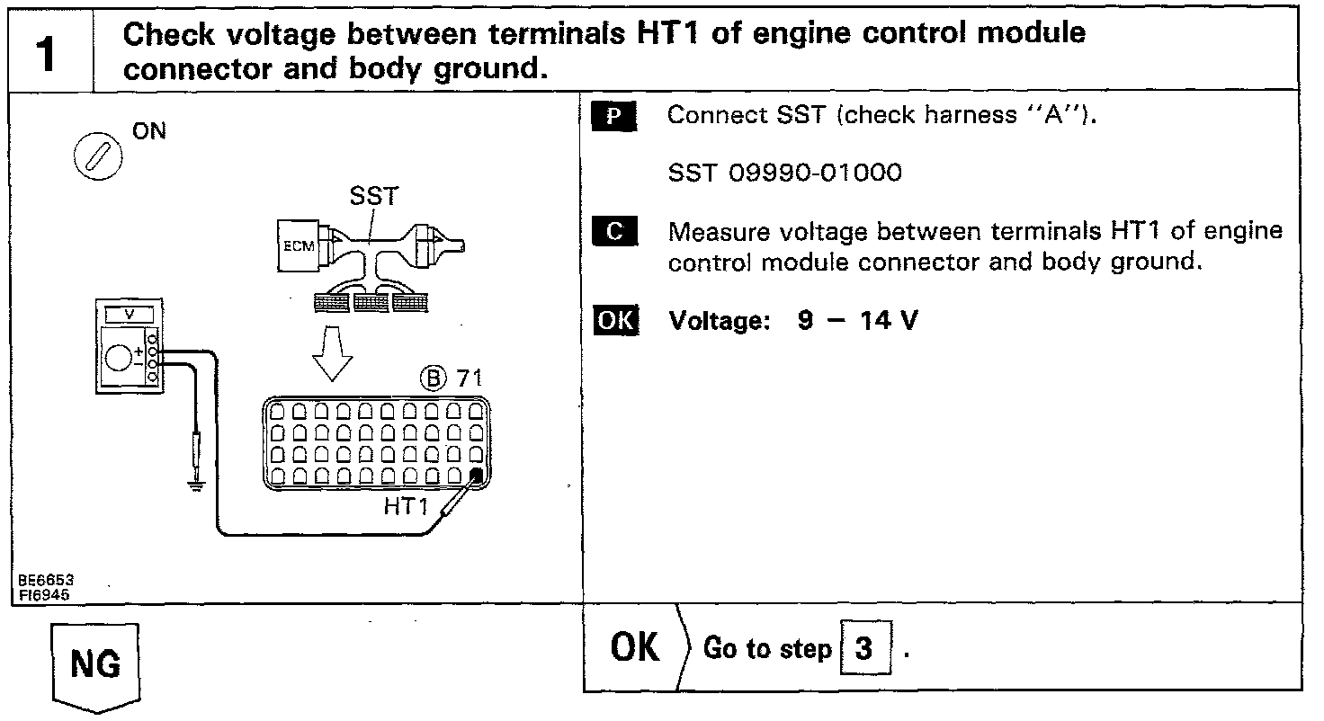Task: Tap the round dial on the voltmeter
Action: [117, 358]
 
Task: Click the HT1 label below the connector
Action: [407, 507]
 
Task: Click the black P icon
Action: [615, 117]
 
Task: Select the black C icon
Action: [615, 232]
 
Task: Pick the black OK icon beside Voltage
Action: [615, 321]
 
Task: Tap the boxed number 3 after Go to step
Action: [863, 648]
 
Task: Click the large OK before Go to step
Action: [635, 647]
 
